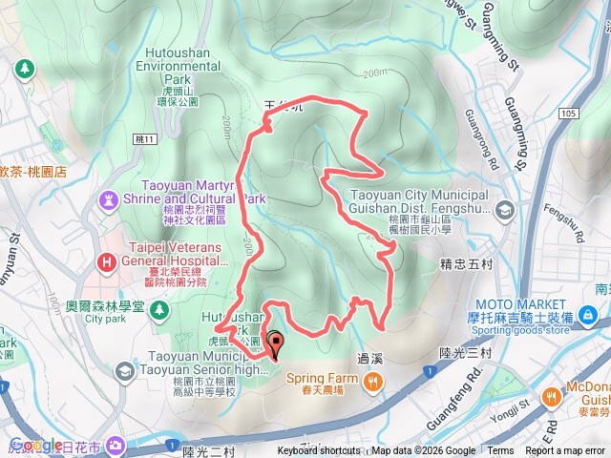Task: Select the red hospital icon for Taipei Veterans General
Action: tap(105, 260)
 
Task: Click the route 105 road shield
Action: tap(569, 113)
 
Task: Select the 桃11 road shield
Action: tap(145, 139)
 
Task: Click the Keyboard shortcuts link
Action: tap(319, 451)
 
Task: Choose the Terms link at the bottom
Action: tap(500, 451)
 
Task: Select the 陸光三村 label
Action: tap(467, 353)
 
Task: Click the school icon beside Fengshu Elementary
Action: tap(503, 209)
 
